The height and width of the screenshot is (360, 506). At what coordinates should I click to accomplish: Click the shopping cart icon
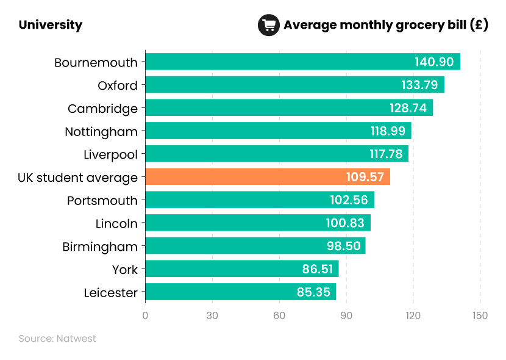(x=268, y=25)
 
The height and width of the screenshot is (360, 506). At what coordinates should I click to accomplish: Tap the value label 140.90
(x=434, y=62)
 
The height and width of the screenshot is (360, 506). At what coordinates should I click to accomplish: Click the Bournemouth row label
(x=96, y=62)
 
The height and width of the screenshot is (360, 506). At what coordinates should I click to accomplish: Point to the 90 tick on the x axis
(x=346, y=315)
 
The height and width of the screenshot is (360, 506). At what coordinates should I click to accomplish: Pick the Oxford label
(x=118, y=85)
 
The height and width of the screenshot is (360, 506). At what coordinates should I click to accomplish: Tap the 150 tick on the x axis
(x=480, y=315)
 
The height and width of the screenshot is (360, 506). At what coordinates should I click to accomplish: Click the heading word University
(x=51, y=25)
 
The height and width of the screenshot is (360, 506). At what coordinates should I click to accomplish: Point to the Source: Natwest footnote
(x=57, y=338)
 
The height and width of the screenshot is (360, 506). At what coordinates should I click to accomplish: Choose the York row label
(x=125, y=270)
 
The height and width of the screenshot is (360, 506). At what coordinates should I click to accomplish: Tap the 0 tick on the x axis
(x=145, y=315)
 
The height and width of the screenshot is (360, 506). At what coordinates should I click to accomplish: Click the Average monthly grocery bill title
(x=385, y=25)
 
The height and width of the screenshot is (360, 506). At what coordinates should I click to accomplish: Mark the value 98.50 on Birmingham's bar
(x=343, y=247)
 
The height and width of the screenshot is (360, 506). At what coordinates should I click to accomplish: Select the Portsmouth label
(x=102, y=201)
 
